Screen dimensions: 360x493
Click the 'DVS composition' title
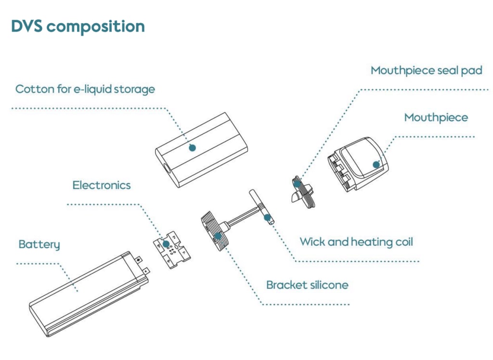(78, 27)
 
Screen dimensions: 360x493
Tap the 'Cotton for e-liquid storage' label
(85, 89)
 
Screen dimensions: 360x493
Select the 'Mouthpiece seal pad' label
(426, 70)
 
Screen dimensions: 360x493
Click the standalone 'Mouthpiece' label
(436, 118)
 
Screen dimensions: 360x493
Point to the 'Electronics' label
(102, 185)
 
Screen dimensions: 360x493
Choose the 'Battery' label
(39, 244)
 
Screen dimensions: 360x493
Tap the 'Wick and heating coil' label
(356, 241)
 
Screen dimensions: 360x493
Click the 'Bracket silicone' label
(307, 285)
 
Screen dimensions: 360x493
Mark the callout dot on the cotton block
(193, 148)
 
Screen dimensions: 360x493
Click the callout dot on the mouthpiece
(376, 164)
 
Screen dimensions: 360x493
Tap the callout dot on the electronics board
(166, 244)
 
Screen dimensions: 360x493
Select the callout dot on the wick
(267, 217)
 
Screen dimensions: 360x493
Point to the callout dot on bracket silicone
(218, 236)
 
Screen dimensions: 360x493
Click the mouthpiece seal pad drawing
(303, 193)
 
